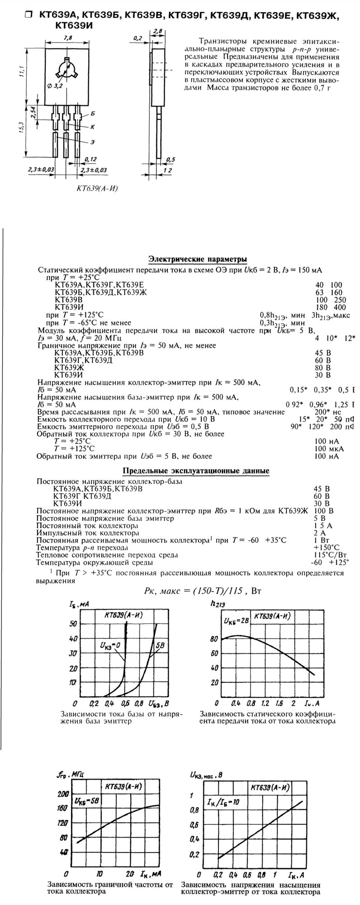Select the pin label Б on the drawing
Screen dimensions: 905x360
(x=92, y=113)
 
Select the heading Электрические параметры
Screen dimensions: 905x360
(x=198, y=259)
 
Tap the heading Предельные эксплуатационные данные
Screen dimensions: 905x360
(x=196, y=471)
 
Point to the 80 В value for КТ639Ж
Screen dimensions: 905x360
(x=322, y=367)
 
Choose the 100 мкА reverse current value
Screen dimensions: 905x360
(x=329, y=448)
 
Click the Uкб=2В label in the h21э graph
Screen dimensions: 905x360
(x=235, y=620)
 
